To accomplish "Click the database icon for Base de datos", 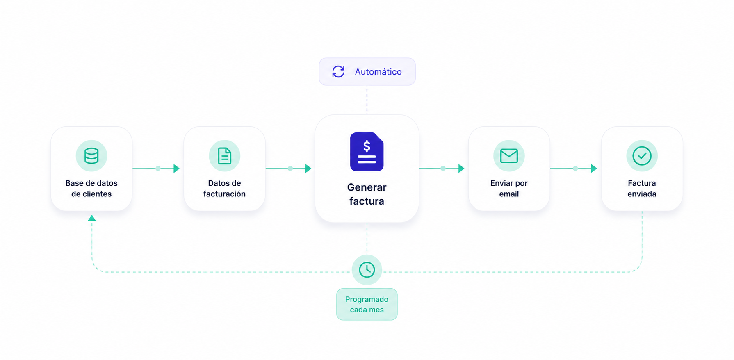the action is click(91, 156).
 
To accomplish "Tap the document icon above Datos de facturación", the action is click(224, 156).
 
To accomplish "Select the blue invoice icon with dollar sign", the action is click(367, 152).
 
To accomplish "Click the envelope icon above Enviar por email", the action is click(509, 156).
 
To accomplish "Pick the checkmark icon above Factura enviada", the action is click(642, 156).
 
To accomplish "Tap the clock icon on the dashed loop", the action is click(367, 270).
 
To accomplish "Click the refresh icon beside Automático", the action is click(338, 72).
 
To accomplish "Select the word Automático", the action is click(378, 72).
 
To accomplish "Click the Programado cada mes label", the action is click(367, 304).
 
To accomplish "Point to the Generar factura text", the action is click(367, 194).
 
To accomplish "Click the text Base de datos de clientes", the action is click(91, 189).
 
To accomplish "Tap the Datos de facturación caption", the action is click(224, 189).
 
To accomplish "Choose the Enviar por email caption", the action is click(509, 189).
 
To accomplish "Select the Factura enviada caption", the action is click(642, 189).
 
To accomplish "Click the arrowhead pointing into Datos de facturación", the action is click(177, 168).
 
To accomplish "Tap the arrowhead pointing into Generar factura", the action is click(308, 168).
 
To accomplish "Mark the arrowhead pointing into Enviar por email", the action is click(461, 168).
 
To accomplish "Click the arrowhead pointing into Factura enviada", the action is click(594, 168).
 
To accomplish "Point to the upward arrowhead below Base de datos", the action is click(92, 218).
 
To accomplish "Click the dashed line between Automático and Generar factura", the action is click(367, 100).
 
